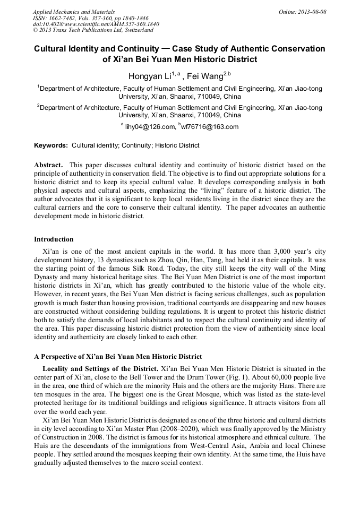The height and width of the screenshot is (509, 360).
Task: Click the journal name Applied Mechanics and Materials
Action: [x=74, y=12]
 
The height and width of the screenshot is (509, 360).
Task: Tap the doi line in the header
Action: [x=95, y=24]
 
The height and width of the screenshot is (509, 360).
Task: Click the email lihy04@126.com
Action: [x=150, y=127]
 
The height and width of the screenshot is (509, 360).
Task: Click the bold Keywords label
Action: [x=51, y=145]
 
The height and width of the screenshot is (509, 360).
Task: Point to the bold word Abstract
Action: [x=48, y=165]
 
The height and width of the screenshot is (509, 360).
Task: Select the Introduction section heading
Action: [x=54, y=239]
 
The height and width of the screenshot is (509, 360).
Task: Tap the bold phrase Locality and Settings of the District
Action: [x=100, y=368]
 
